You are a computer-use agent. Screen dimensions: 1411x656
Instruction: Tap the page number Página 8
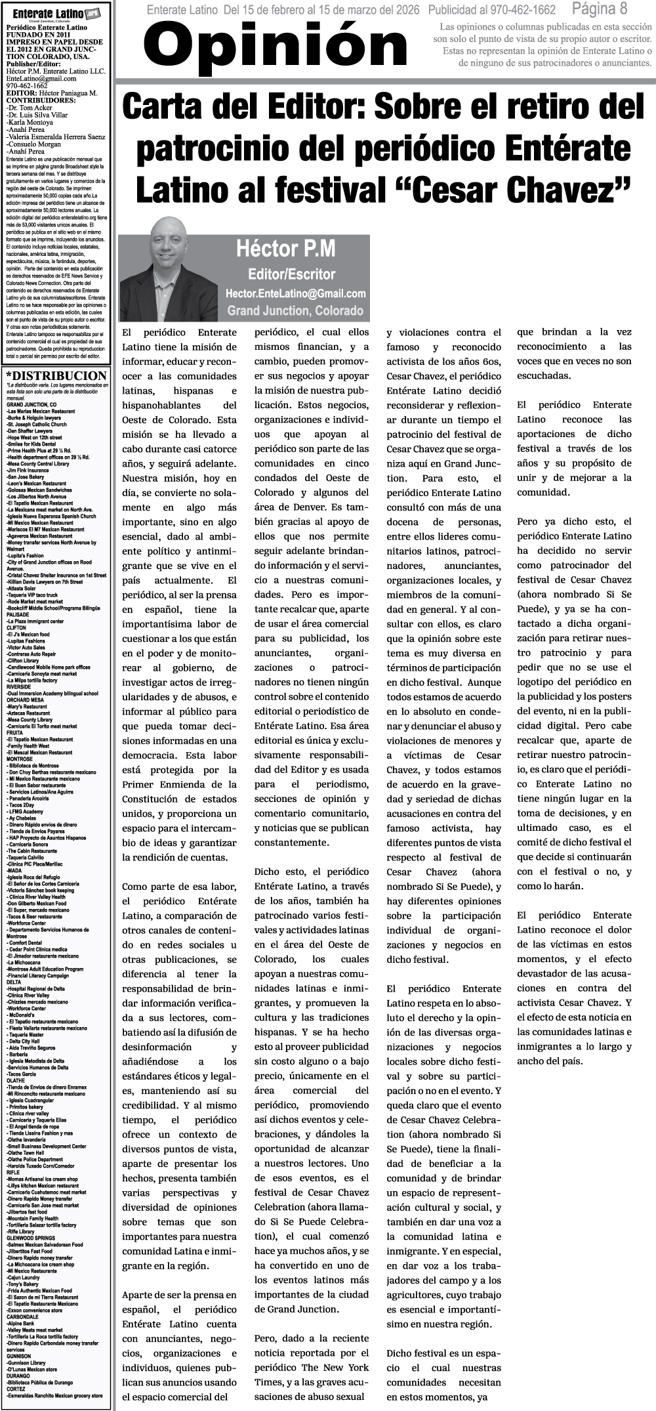coord(599,9)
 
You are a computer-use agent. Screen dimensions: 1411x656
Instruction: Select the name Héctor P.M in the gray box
coord(286,249)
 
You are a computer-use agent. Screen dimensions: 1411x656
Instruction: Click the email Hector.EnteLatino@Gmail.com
coord(295,293)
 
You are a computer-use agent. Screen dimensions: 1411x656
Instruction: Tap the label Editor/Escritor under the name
coord(291,274)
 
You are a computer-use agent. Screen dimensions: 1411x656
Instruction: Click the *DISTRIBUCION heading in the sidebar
coord(56,376)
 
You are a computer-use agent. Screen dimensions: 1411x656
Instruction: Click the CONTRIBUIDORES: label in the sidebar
coord(40,101)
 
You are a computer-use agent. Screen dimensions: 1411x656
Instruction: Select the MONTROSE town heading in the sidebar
coord(19,759)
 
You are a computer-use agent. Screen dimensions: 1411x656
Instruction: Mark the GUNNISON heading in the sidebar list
coord(18,1356)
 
